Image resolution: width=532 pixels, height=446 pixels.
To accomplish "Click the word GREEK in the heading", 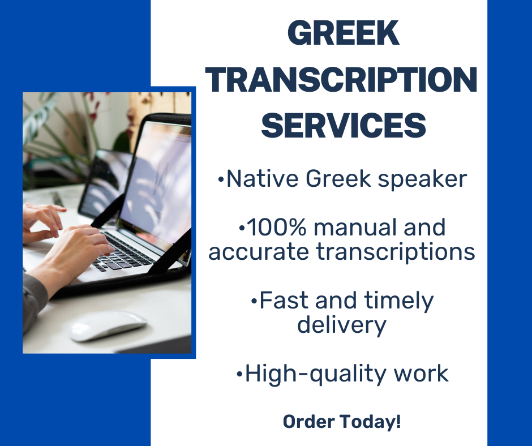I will pyautogui.click(x=344, y=35).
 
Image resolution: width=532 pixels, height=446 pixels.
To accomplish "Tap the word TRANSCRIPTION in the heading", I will pyautogui.click(x=341, y=80).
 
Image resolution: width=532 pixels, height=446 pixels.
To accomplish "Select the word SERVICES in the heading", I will pyautogui.click(x=344, y=125).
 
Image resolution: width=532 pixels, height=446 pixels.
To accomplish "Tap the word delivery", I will pyautogui.click(x=341, y=325).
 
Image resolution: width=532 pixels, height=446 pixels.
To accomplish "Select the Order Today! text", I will pyautogui.click(x=342, y=422).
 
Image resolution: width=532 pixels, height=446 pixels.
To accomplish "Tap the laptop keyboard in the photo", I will pyautogui.click(x=127, y=250).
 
